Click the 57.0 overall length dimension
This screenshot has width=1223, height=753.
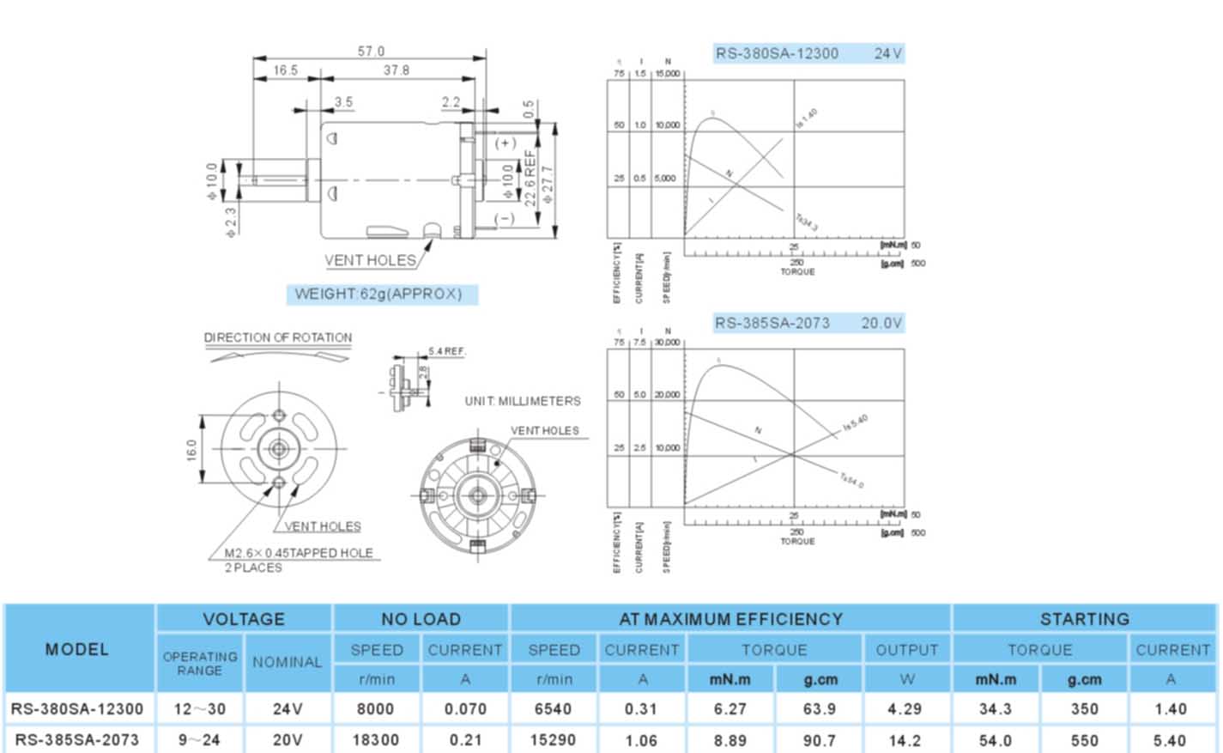[371, 52]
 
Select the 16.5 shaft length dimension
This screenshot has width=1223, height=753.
[286, 70]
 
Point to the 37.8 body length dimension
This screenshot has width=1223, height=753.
[396, 70]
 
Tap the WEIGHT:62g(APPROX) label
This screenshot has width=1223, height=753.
[378, 294]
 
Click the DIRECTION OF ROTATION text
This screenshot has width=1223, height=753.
[278, 337]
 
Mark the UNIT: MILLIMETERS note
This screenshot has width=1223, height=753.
[523, 401]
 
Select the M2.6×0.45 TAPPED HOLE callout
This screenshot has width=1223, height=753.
[299, 553]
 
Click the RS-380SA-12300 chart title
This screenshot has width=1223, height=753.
[777, 53]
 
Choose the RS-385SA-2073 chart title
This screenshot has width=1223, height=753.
[772, 323]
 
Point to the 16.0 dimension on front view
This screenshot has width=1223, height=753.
[191, 449]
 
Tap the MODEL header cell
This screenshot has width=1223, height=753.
[77, 649]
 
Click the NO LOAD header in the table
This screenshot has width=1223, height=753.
[421, 619]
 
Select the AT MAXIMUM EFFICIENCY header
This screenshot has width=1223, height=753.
[730, 619]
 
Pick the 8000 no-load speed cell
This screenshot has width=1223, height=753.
[375, 709]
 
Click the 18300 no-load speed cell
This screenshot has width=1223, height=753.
[375, 740]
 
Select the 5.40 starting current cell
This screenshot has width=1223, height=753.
[1170, 740]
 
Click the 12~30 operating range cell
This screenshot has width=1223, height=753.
[199, 709]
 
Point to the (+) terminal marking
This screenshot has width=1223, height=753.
[505, 143]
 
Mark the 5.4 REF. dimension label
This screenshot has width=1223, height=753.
[447, 351]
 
